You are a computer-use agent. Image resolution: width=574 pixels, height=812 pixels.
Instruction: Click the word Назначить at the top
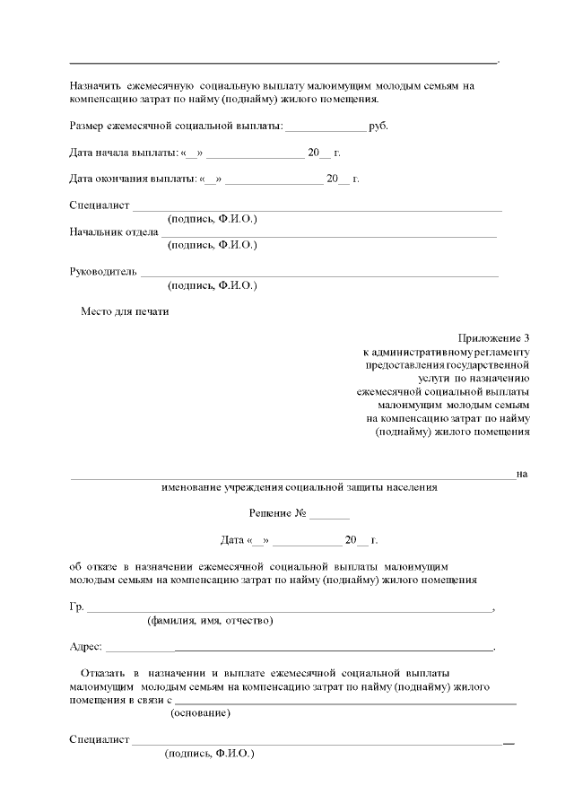pos(95,86)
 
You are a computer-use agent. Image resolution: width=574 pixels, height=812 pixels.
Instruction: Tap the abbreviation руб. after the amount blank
pos(378,126)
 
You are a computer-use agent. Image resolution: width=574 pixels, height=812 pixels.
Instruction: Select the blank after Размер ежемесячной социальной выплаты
pos(326,127)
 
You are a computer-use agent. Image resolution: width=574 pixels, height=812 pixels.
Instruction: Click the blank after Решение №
pos(330,517)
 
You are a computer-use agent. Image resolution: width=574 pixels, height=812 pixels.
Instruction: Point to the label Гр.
pos(76,607)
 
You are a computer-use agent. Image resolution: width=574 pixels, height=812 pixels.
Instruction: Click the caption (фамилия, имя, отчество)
pos(210,620)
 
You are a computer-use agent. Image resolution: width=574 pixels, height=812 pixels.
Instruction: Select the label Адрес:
pos(86,646)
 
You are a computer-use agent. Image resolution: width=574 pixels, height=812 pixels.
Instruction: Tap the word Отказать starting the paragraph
pos(103,672)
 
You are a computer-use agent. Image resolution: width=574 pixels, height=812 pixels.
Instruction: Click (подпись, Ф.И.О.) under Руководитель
pos(212,285)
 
